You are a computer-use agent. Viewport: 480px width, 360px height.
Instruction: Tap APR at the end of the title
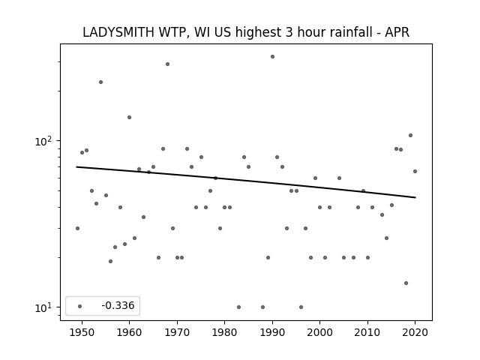pyautogui.click(x=397, y=32)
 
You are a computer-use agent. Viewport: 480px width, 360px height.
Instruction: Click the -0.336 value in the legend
pyautogui.click(x=118, y=305)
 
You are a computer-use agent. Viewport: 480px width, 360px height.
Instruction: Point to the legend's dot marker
pyautogui.click(x=79, y=306)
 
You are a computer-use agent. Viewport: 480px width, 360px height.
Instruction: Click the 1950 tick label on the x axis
pyautogui.click(x=82, y=332)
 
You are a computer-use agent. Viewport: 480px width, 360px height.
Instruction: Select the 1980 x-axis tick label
pyautogui.click(x=224, y=332)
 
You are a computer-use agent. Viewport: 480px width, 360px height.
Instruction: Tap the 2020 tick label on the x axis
pyautogui.click(x=415, y=332)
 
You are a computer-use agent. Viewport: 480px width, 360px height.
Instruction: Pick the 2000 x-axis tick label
pyautogui.click(x=320, y=332)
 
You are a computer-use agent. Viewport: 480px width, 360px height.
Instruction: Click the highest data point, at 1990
pyautogui.click(x=272, y=57)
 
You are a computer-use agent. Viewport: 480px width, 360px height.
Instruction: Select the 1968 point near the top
pyautogui.click(x=167, y=64)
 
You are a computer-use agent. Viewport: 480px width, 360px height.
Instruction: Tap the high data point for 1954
pyautogui.click(x=100, y=82)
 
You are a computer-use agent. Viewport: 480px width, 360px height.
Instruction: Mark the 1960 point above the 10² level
pyautogui.click(x=129, y=117)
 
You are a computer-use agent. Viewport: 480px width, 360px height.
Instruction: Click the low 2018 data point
pyautogui.click(x=406, y=283)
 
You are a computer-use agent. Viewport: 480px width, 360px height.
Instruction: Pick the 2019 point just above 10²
pyautogui.click(x=410, y=135)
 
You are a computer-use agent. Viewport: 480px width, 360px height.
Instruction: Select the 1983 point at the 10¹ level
pyautogui.click(x=238, y=307)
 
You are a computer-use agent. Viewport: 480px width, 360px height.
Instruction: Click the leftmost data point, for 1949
pyautogui.click(x=77, y=228)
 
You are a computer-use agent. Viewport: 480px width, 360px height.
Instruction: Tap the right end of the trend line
pyautogui.click(x=415, y=197)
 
